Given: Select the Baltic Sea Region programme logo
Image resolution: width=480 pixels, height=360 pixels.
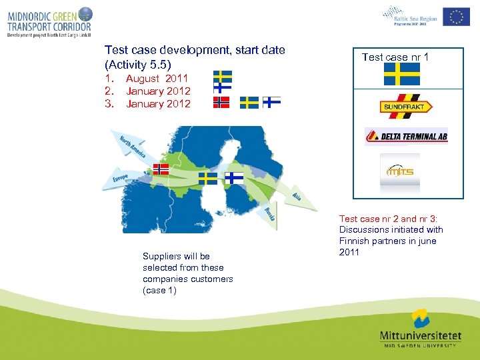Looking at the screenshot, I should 409,15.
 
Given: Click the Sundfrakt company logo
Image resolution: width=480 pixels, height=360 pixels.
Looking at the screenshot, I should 406,107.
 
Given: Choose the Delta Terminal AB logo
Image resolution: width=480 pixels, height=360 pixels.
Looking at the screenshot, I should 406,137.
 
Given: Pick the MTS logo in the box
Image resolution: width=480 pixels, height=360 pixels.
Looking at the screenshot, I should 401,171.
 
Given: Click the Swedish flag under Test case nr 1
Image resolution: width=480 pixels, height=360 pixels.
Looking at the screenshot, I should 402,75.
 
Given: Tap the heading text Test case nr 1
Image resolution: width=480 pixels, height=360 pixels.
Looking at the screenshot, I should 395,57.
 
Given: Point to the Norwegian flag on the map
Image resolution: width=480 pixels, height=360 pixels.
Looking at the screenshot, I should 161,169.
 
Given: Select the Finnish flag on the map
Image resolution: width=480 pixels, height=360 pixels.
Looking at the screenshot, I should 233,177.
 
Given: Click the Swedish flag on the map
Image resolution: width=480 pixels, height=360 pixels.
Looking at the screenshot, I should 208,179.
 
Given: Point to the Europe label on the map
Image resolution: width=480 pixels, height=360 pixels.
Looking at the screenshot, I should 120,180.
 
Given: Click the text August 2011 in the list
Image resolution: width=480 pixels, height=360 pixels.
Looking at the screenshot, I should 157,79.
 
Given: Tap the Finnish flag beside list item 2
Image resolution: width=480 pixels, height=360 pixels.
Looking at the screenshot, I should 222,88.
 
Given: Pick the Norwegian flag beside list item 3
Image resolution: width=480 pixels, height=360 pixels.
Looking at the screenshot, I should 221,102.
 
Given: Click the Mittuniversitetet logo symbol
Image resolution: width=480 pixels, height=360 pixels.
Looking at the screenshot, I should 419,319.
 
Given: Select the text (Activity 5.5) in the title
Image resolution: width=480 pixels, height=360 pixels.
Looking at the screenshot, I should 138,65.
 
